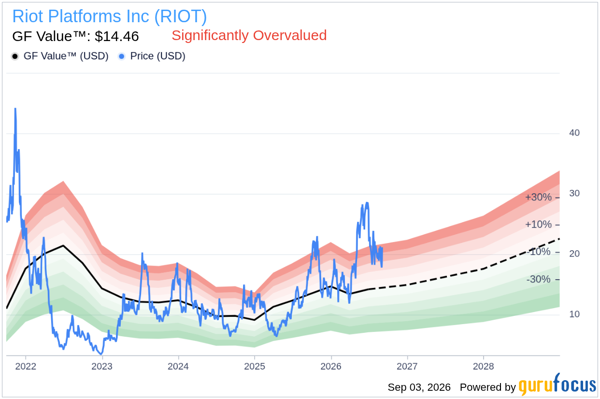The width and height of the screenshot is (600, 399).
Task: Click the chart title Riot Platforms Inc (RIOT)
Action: [110, 16]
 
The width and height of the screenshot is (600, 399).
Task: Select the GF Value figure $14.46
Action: [117, 36]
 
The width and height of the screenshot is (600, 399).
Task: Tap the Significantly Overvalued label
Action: [249, 35]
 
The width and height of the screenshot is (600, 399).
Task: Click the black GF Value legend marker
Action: [15, 57]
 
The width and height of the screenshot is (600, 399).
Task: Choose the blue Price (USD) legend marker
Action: [122, 57]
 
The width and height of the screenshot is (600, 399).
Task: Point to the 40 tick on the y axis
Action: [574, 133]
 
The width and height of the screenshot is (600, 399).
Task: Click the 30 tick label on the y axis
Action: [574, 193]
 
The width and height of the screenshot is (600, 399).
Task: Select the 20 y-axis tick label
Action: [574, 254]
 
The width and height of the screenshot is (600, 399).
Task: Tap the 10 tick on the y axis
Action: [574, 314]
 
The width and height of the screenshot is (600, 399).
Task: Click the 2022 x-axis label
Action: [26, 366]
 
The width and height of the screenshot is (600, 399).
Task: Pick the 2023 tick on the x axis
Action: [102, 366]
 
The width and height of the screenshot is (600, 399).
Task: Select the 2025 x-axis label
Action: [255, 366]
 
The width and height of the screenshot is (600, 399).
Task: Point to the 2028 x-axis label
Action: [484, 366]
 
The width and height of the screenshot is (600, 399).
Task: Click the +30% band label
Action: [538, 198]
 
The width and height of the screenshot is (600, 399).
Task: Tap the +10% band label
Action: [538, 225]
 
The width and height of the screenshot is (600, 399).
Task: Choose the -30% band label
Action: [538, 279]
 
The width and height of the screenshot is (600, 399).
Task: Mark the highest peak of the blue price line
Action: [15, 109]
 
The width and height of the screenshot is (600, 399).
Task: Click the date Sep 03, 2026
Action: [419, 387]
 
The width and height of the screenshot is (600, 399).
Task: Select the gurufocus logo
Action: [557, 385]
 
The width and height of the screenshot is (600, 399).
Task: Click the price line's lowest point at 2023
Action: [101, 354]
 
